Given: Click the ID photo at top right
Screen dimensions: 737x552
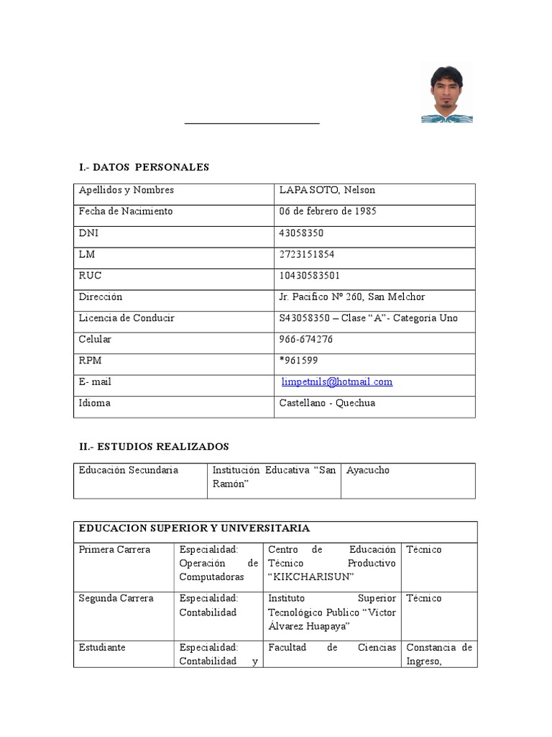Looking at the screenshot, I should coord(447,94).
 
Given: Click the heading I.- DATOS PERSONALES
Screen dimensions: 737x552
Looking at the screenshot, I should coord(144,167).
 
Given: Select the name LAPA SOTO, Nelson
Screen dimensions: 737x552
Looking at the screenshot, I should coord(327,190).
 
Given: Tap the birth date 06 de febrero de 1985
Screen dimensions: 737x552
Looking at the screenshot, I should coord(328,212).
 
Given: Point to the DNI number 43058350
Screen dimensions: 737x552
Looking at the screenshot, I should coord(301,232).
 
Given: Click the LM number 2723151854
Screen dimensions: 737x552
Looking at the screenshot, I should coord(307,254).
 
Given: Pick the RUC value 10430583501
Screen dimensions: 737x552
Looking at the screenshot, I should coord(310,275).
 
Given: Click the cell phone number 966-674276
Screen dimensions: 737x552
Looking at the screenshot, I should coord(306,339).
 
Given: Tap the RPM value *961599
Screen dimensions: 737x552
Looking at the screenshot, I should coord(299,361).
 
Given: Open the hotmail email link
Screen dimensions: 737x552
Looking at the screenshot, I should coord(336,381).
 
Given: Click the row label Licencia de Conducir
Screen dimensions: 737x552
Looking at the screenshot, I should coord(126,318).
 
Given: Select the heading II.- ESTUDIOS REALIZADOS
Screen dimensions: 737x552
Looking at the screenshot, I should coord(154,447).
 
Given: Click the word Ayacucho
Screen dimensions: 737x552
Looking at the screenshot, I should coord(368,470).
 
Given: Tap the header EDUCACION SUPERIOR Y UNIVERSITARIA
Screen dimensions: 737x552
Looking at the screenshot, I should coord(194,528).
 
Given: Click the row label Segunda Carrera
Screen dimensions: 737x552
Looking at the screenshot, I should coord(116,598).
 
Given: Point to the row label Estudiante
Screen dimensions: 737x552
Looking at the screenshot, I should coord(102,647).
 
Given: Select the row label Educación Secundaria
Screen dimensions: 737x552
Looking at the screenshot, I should coord(129,470).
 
